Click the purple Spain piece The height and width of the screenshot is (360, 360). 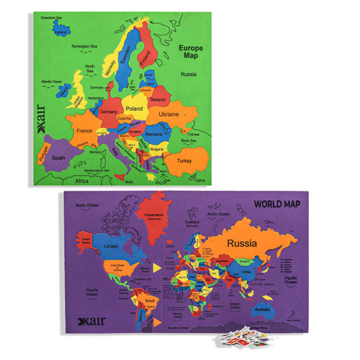coord(58,158)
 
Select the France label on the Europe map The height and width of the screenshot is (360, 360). coord(84,132)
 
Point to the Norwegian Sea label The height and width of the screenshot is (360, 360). coord(85,46)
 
